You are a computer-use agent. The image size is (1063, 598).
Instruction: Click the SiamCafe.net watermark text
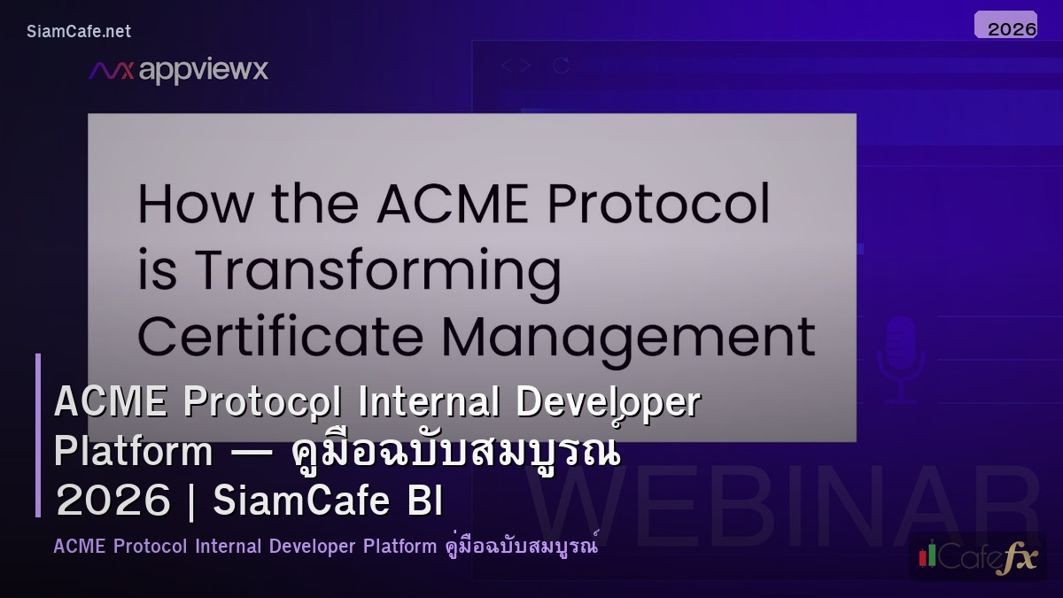[79, 31]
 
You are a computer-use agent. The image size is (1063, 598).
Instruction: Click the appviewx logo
[178, 71]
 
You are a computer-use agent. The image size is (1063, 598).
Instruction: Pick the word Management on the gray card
[628, 338]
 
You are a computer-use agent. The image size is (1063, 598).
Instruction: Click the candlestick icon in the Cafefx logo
[927, 555]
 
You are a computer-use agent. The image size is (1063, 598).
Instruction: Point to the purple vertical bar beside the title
[38, 435]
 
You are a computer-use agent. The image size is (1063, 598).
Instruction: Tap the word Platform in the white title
[133, 452]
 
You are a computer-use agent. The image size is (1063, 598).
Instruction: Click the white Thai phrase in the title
[455, 452]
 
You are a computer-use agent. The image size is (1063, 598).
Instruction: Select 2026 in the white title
[113, 501]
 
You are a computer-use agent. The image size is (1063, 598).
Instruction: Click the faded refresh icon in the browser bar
[560, 66]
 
